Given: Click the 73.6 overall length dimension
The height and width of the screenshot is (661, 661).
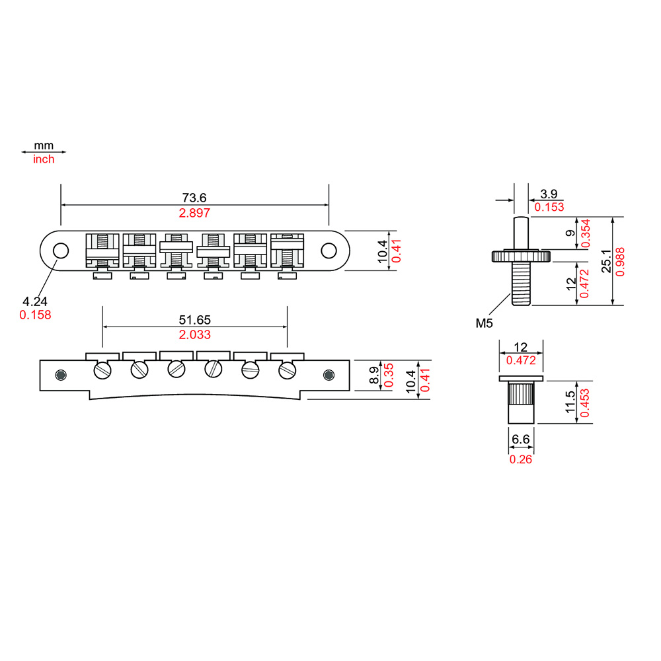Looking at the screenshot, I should click(194, 197).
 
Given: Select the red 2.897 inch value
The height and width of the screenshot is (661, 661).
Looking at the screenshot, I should click(194, 213).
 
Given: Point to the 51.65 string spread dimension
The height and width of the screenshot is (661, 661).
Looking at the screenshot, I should click(194, 319).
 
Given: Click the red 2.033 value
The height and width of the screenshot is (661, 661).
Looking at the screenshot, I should click(194, 334).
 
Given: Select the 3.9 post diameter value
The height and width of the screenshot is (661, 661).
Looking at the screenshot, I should click(549, 194).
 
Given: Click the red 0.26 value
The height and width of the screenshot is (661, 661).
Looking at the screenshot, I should click(520, 459).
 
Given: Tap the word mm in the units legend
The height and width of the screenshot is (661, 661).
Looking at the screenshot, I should click(44, 145).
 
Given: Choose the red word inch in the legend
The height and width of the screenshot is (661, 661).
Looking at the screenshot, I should click(44, 159).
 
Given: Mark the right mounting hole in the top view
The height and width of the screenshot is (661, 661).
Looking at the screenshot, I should click(329, 250).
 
